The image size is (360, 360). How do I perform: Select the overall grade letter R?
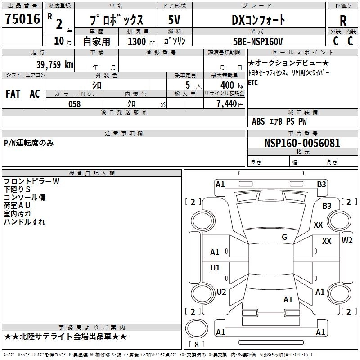(343, 20)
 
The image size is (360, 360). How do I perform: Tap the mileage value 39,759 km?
(54, 64)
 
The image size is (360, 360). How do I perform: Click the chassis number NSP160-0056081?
(302, 143)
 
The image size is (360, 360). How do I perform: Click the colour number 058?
(74, 104)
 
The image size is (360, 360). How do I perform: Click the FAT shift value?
(13, 94)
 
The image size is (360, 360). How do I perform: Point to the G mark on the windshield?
(284, 237)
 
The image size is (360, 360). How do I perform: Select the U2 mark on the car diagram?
(221, 292)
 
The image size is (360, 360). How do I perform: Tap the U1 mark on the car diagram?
(215, 268)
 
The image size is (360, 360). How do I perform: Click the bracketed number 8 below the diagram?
(197, 345)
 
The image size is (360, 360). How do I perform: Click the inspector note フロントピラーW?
(31, 181)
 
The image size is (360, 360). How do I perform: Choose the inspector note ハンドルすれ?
(24, 222)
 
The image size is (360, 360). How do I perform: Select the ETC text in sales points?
(253, 82)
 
